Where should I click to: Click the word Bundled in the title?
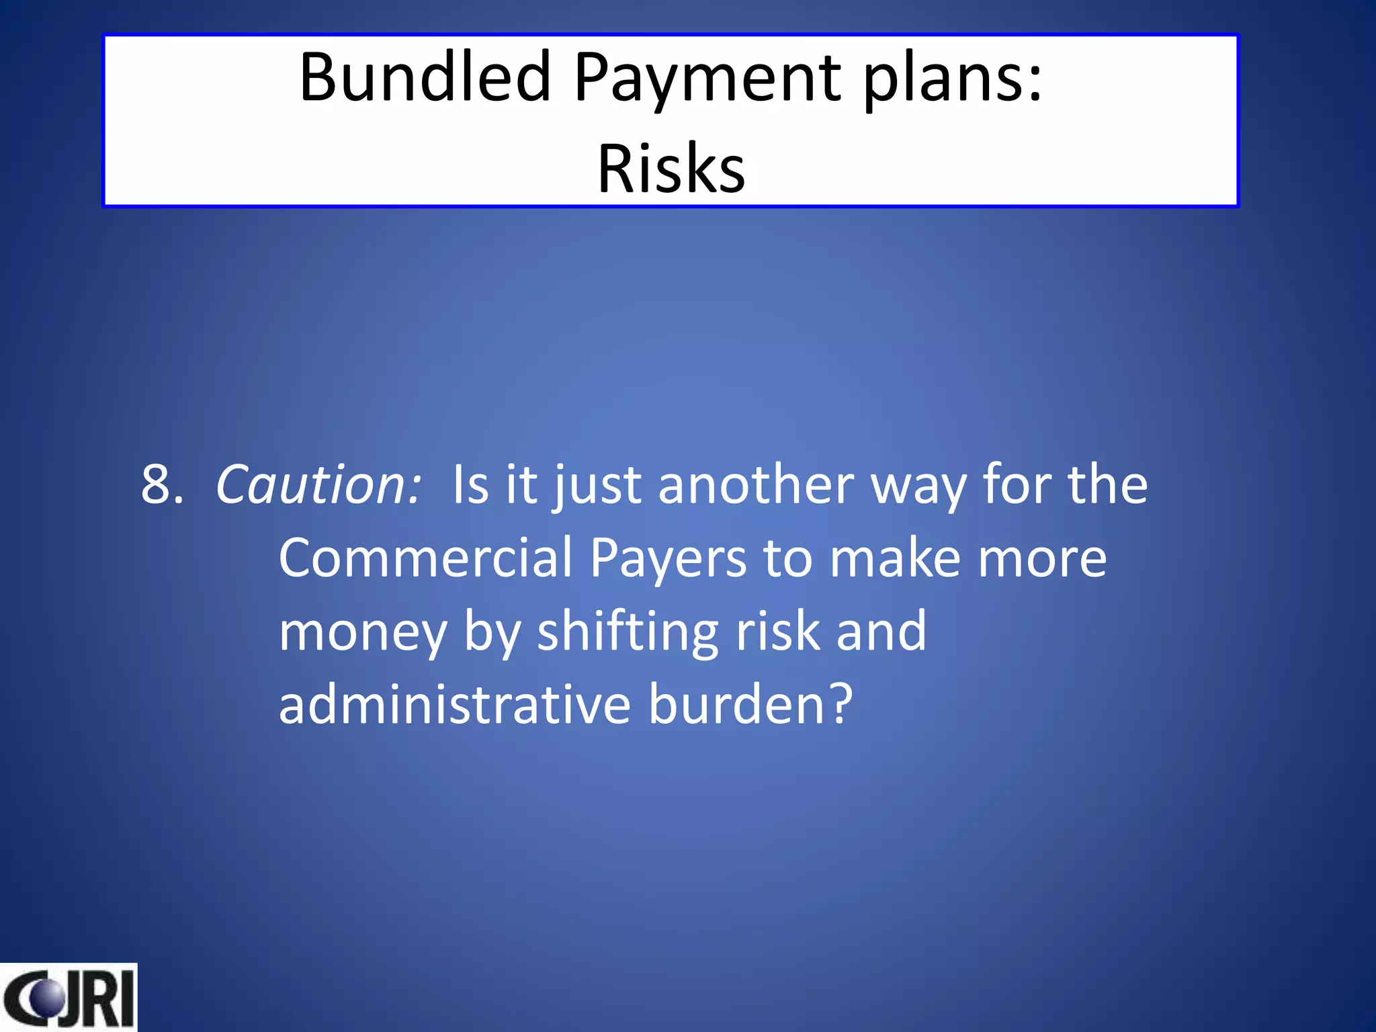(x=425, y=78)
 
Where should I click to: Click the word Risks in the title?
(x=671, y=169)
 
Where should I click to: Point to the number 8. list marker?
(x=161, y=485)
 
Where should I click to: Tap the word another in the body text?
(x=756, y=485)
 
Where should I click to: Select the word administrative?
(x=455, y=705)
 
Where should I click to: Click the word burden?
(x=736, y=705)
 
